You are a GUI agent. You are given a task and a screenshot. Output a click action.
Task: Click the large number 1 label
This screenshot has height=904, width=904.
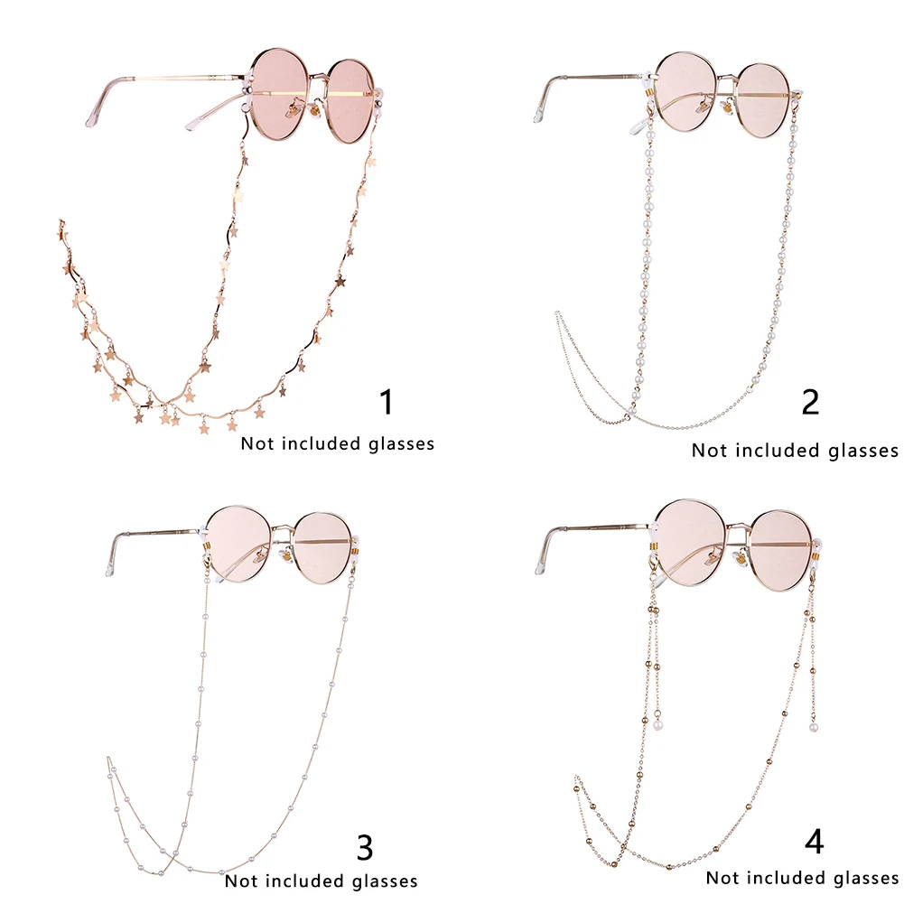click(x=387, y=401)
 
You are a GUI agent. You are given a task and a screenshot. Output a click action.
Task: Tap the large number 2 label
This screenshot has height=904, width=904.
click(x=810, y=401)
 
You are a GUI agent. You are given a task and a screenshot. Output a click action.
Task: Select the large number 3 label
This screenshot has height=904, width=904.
click(x=365, y=847)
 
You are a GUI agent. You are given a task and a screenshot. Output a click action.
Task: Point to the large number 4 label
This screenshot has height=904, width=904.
click(x=814, y=842)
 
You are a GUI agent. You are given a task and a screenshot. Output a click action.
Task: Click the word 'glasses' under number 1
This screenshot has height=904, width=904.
click(x=401, y=444)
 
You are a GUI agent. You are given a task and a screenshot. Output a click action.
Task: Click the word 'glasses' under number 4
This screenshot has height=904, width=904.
click(x=867, y=878)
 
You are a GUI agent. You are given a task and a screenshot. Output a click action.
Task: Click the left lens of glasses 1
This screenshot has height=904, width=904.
click(x=282, y=94)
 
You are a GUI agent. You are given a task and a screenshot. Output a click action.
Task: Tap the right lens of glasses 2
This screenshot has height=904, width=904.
click(x=763, y=99)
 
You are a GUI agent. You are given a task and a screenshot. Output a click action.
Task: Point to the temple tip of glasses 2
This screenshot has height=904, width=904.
click(x=540, y=112)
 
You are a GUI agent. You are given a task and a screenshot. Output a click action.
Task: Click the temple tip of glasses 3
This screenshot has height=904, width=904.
click(x=111, y=565)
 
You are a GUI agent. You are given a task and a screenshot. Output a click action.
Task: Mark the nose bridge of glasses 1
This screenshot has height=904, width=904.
click(x=321, y=79)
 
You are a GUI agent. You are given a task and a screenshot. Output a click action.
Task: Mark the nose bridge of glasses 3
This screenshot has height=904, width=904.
click(x=283, y=530)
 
